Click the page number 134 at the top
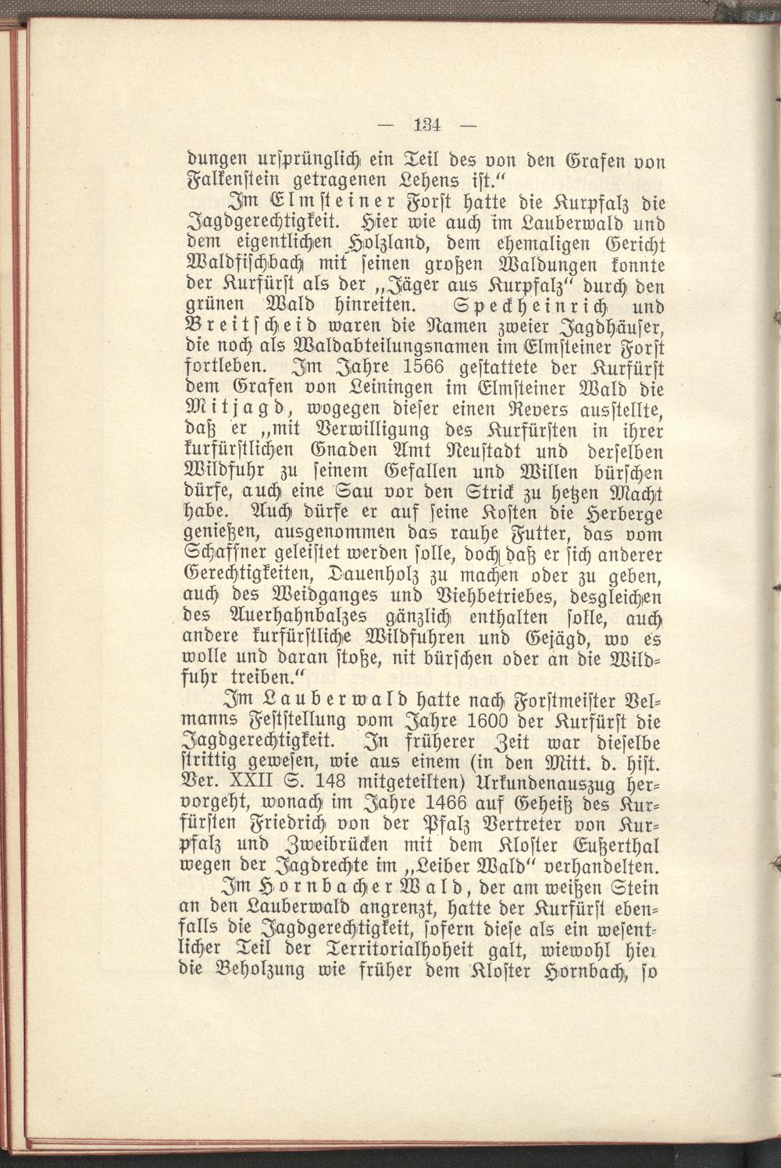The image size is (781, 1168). (428, 123)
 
